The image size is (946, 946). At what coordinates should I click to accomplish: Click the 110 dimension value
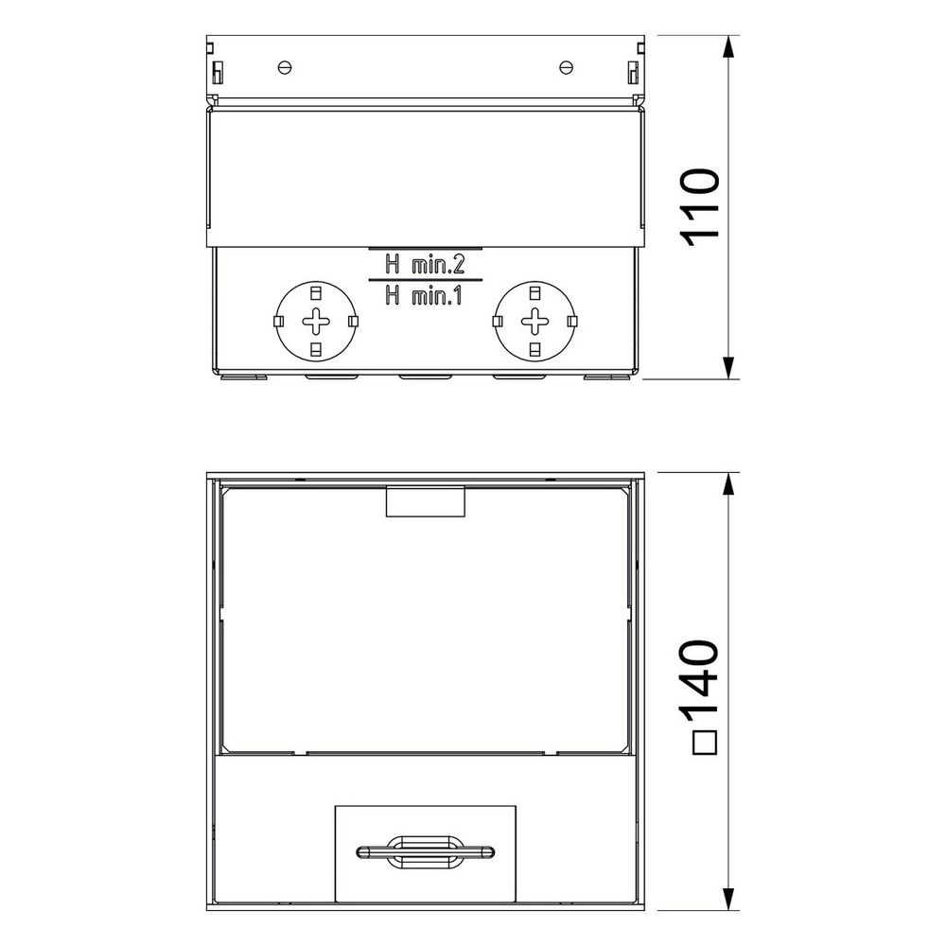[x=701, y=207]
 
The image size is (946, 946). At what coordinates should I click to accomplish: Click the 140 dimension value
[x=701, y=679]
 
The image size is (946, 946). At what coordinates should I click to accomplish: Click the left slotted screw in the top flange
[x=286, y=67]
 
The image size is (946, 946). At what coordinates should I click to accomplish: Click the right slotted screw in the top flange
[x=566, y=67]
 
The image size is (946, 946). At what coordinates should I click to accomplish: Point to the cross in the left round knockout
[x=316, y=321]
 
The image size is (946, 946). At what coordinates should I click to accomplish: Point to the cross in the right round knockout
[x=534, y=321]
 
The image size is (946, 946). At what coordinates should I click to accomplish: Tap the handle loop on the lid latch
[x=426, y=852]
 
